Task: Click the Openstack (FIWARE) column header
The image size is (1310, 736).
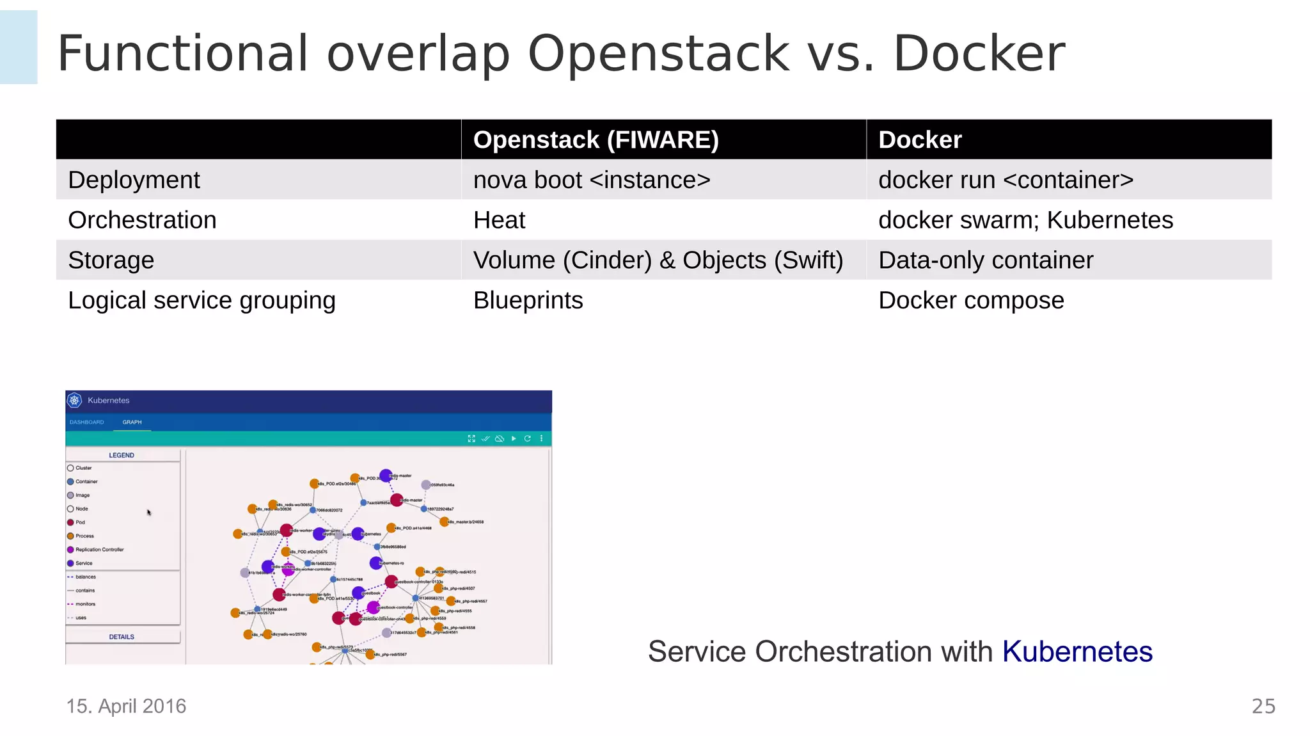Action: [596, 140]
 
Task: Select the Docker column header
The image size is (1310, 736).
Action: [919, 140]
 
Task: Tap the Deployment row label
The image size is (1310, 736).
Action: [134, 180]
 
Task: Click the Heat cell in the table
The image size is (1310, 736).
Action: [499, 220]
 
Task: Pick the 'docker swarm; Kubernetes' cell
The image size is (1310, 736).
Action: [1025, 220]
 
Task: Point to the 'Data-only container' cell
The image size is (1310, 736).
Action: [985, 260]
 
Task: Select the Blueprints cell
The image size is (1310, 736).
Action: [528, 300]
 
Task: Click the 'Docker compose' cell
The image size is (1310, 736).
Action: [970, 300]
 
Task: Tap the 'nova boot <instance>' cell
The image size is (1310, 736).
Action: [591, 180]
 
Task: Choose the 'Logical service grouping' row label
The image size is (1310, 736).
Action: [201, 300]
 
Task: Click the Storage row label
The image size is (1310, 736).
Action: [111, 260]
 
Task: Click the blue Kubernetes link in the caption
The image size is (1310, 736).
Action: [1077, 652]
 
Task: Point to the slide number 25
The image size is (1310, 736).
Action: [1263, 706]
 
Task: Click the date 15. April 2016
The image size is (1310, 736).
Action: [126, 706]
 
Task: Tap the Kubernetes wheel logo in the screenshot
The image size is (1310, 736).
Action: [75, 401]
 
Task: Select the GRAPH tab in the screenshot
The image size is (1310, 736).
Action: [132, 422]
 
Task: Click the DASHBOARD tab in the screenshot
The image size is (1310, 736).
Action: [86, 422]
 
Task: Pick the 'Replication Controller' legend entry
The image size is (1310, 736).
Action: [99, 550]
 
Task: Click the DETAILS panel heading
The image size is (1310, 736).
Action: [122, 637]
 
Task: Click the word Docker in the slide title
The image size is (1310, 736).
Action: [978, 54]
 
